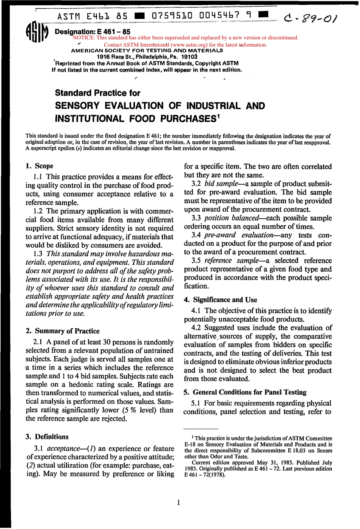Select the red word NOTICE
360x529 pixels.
83,37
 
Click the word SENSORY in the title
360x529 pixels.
83,106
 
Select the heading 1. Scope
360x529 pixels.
39,166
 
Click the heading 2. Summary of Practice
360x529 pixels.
63,331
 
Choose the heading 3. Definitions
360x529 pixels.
47,437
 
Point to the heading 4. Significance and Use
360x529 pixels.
220,300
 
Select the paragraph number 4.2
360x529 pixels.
197,328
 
